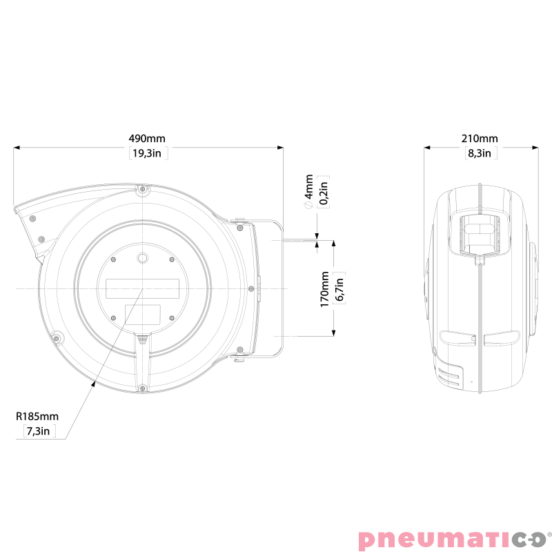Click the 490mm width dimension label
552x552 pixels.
click(x=148, y=139)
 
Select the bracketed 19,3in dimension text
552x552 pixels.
click(x=148, y=153)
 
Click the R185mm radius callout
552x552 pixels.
click(x=39, y=417)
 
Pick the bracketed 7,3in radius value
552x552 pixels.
click(x=39, y=432)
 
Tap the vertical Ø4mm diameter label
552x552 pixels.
click(x=308, y=193)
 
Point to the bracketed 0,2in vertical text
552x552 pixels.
click(x=324, y=193)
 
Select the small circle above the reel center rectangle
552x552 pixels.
click(x=142, y=257)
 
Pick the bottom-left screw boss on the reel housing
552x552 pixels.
click(x=57, y=338)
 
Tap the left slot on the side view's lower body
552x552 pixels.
click(x=455, y=338)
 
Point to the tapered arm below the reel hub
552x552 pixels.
click(x=141, y=359)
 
